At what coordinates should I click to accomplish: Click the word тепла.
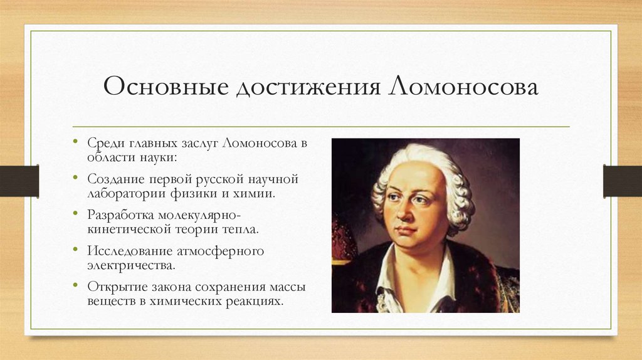coord(241,228)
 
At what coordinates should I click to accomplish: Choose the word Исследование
coord(126,251)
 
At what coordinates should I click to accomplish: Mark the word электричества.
coord(131,265)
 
